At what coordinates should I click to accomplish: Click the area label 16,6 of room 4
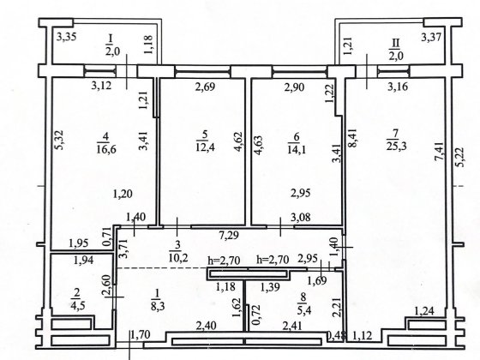click(106, 149)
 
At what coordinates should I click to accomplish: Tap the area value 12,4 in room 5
click(205, 147)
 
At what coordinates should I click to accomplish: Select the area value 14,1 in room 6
click(297, 149)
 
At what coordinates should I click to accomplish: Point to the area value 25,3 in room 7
click(396, 146)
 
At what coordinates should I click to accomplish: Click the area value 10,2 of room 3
click(178, 257)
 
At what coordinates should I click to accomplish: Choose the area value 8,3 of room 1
click(158, 305)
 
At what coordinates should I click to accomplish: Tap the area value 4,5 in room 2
click(75, 305)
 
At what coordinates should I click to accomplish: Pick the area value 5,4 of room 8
click(304, 310)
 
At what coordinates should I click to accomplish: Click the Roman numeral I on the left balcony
click(111, 39)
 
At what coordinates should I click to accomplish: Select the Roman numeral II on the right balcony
click(395, 43)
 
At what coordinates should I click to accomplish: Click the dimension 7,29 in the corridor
click(229, 235)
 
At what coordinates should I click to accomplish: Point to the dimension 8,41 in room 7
click(353, 138)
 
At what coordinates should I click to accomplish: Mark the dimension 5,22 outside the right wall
click(459, 157)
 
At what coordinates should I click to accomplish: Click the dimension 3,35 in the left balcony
click(67, 38)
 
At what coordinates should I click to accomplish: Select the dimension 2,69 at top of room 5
click(205, 87)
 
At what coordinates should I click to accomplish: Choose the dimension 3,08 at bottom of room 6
click(301, 218)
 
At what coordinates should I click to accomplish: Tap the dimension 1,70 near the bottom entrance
click(141, 334)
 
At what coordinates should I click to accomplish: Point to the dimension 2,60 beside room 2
click(108, 285)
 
